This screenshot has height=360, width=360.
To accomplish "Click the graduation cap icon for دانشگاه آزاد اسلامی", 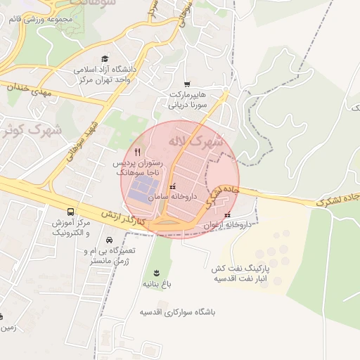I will [105, 59].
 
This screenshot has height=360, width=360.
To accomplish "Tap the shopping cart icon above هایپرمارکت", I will [186, 84].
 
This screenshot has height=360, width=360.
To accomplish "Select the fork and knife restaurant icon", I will [138, 151].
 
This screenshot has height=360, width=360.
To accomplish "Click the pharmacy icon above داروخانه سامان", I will [173, 187].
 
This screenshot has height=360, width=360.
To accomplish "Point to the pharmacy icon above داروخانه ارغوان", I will [226, 215].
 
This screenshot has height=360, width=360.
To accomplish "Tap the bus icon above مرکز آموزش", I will [70, 212].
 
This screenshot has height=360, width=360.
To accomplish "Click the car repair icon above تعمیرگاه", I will [108, 240].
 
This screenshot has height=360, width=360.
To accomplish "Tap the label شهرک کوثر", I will [32, 130].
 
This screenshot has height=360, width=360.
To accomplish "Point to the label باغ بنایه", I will [157, 284].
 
